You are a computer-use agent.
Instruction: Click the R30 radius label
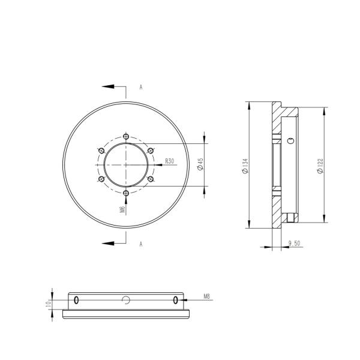169,161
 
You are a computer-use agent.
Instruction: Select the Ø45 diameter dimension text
200,164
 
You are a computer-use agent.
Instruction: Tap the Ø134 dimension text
245,166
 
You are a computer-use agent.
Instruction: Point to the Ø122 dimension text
320,166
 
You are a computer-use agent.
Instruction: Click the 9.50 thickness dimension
294,243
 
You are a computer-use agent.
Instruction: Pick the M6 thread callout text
123,209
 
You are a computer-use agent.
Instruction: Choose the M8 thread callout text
207,296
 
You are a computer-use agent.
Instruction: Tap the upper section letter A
141,87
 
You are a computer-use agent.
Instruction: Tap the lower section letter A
141,244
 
